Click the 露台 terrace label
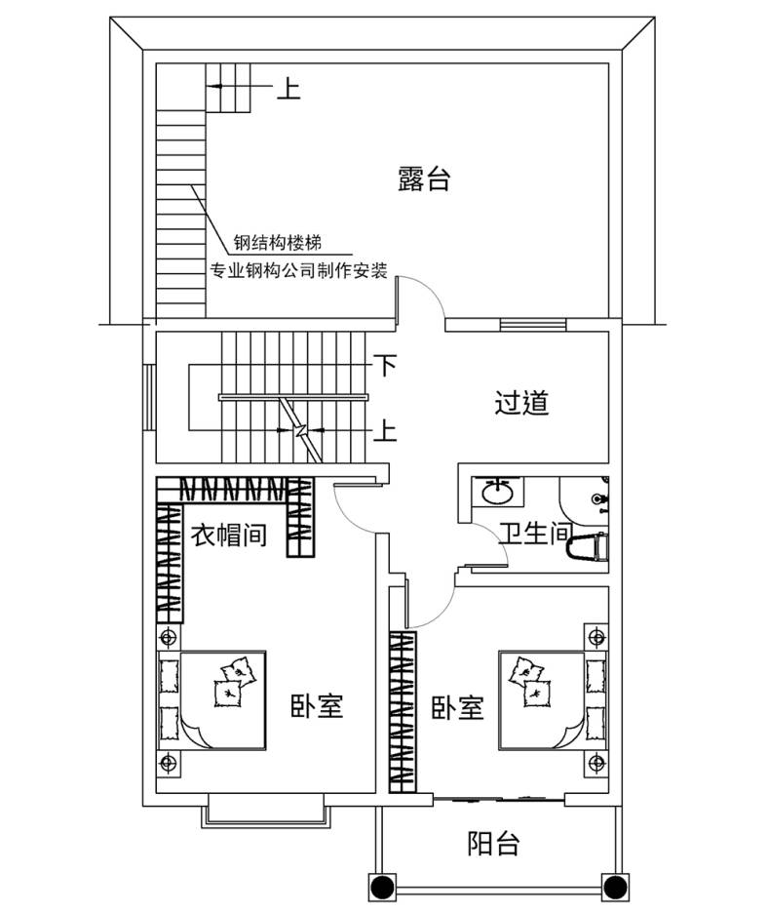pos(424,179)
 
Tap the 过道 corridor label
pos(521,402)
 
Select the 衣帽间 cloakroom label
pos(229,535)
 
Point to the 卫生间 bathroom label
pos(535,534)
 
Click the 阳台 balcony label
pos(493,844)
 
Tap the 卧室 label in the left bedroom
pos(317,706)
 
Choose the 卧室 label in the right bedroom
pos(457,707)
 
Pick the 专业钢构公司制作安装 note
pos(298,271)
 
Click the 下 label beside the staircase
pos(385,366)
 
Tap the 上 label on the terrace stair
pos(288,89)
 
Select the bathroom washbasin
pos(497,492)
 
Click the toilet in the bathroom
pos(588,549)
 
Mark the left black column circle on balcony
pos(382,888)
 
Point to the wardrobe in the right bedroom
pos(404,712)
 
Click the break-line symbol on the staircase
pos(300,430)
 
